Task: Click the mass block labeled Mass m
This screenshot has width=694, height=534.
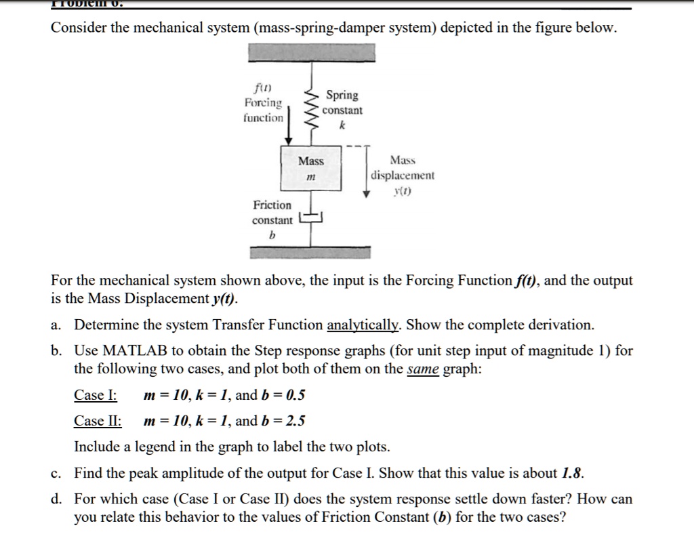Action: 311,169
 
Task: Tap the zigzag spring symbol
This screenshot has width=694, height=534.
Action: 310,109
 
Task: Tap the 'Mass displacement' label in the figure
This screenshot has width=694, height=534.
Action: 403,176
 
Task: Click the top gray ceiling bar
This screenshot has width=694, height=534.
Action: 310,52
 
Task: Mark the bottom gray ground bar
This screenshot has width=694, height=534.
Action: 310,252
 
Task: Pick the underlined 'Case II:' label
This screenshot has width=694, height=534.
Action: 98,421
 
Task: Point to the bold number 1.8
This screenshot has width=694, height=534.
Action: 573,473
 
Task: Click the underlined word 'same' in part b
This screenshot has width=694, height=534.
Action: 423,369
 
